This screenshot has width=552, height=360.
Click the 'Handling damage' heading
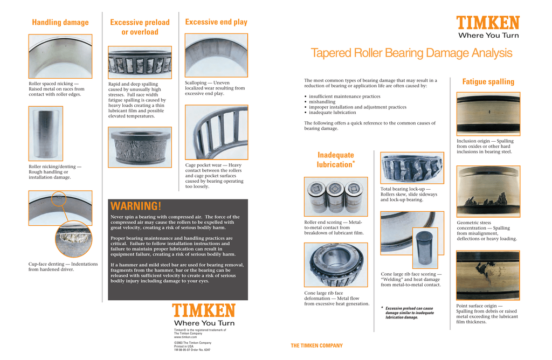[x=60, y=23]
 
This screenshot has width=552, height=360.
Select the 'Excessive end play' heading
[x=216, y=22]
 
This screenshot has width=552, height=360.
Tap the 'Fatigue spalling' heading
[x=488, y=82]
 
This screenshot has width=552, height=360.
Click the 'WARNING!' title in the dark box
[x=136, y=206]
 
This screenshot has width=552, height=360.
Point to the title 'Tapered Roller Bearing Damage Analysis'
[x=411, y=53]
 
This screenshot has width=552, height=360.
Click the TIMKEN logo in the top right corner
[x=488, y=23]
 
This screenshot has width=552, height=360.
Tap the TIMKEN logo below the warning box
[x=204, y=311]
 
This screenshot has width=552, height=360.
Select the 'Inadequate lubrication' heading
[x=336, y=160]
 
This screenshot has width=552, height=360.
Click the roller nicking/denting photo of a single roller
[x=45, y=133]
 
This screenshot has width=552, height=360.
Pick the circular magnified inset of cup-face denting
[x=73, y=239]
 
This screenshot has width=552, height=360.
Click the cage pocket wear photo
[x=216, y=132]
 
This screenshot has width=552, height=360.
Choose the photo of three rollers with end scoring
[x=336, y=197]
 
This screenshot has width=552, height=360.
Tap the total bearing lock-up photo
[x=412, y=168]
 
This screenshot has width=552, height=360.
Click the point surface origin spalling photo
[x=488, y=275]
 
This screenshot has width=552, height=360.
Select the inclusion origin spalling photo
[x=488, y=113]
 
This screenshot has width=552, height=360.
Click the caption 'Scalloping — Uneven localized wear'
[x=215, y=88]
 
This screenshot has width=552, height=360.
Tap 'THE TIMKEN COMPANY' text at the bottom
[x=316, y=346]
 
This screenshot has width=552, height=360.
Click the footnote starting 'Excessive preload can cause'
[x=409, y=313]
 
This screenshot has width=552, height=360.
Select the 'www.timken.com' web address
[x=185, y=337]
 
